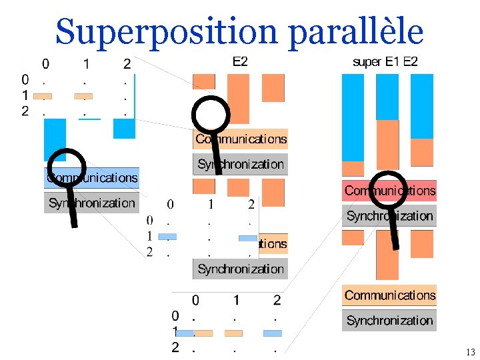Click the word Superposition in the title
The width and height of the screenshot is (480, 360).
click(x=167, y=31)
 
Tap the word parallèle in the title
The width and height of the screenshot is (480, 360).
click(x=355, y=31)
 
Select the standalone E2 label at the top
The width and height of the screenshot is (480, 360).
click(x=240, y=62)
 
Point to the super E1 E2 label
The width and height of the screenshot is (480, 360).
click(x=385, y=62)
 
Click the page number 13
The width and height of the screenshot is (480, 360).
click(x=471, y=352)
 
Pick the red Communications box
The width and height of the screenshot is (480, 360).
click(x=389, y=191)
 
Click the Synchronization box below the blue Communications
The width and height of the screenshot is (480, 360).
click(x=92, y=203)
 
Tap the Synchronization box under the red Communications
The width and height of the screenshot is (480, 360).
click(x=389, y=216)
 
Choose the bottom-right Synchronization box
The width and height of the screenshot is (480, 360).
click(x=389, y=321)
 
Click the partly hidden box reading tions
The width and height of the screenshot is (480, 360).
click(x=272, y=244)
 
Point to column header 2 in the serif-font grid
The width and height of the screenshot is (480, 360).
click(x=251, y=204)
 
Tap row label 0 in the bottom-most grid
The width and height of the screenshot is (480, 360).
click(x=175, y=315)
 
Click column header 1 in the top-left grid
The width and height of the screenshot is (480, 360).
click(x=86, y=65)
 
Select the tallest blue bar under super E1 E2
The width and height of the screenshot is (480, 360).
click(x=353, y=117)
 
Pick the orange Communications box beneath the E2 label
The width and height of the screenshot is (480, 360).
click(x=241, y=139)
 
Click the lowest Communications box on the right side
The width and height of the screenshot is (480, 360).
click(x=389, y=295)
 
